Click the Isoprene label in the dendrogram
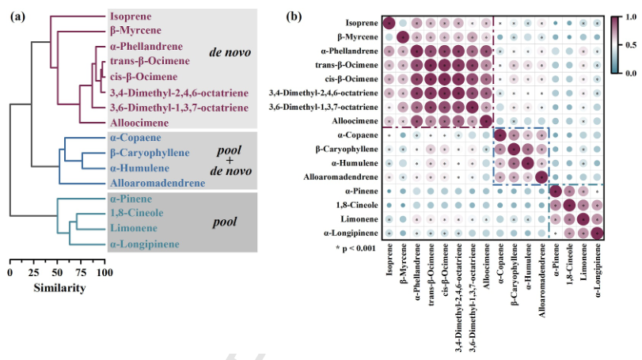tap(131, 17)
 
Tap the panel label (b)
tap(294, 14)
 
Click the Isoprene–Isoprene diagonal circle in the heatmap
tap(389, 24)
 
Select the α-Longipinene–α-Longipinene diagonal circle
tap(597, 233)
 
